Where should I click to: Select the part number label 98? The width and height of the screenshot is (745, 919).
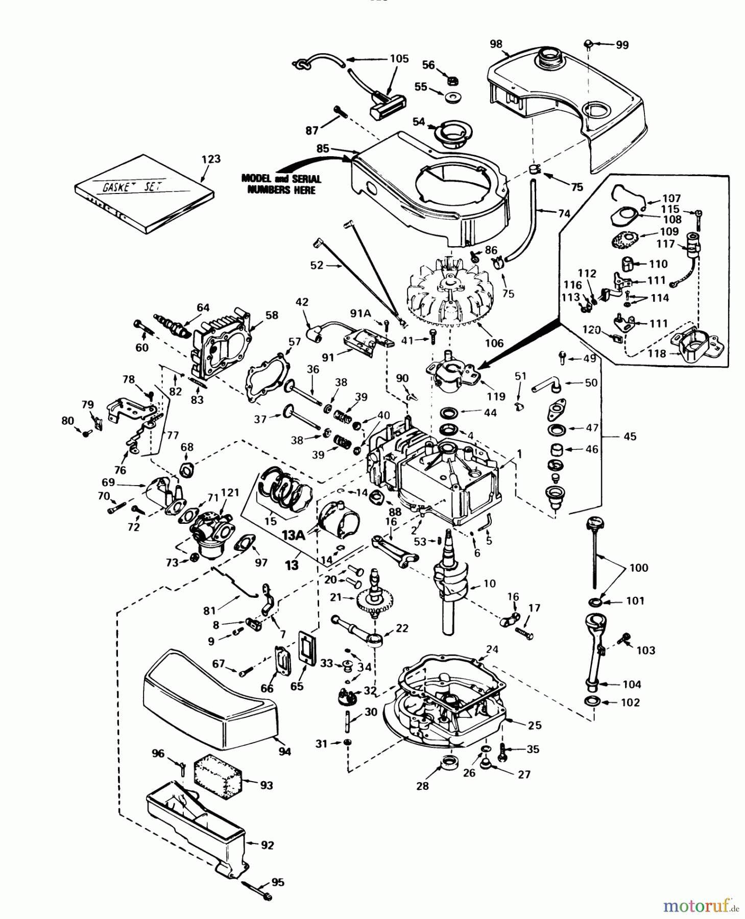point(496,44)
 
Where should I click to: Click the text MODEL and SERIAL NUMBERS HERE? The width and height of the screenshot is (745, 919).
point(281,184)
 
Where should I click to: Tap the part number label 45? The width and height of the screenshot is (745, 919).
point(630,437)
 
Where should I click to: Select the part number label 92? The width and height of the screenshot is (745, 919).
point(267,845)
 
